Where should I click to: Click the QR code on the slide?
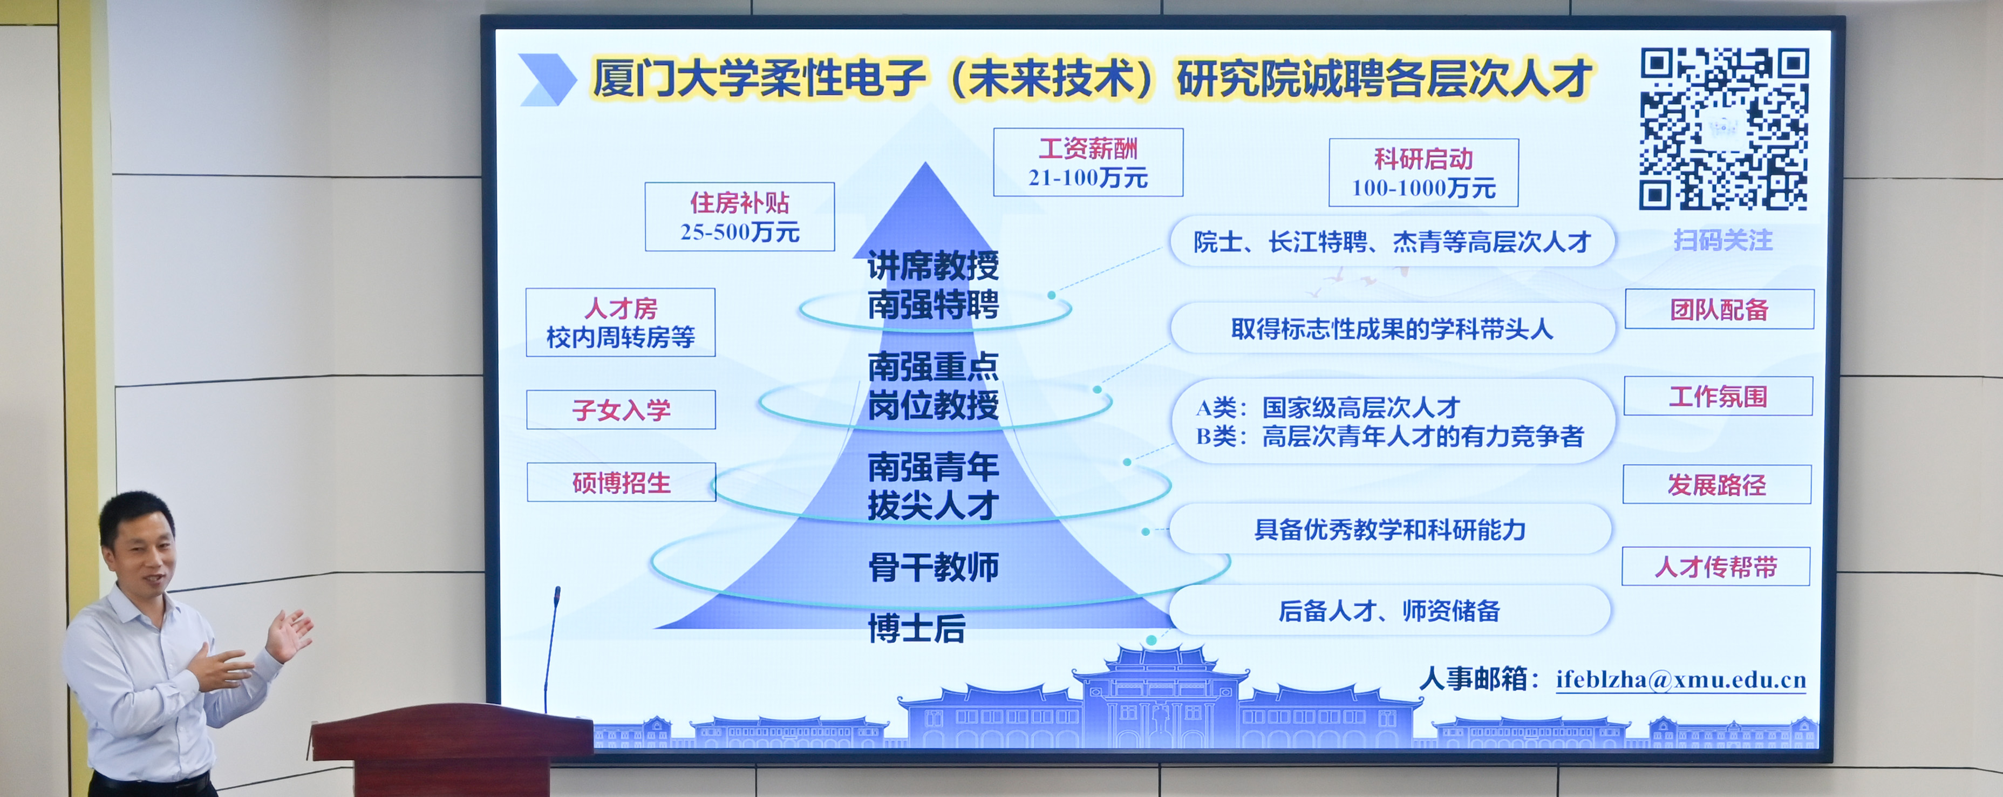click(x=1724, y=129)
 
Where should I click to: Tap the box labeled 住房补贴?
click(x=739, y=217)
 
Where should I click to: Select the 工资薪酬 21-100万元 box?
click(x=1088, y=162)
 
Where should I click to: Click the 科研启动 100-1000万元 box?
click(x=1423, y=173)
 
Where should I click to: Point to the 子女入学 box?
click(x=621, y=410)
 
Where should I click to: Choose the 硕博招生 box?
click(x=621, y=482)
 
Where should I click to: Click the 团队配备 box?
click(x=1719, y=310)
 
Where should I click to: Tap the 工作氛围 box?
click(x=1719, y=397)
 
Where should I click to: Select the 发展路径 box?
click(x=1717, y=485)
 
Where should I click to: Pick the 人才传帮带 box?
click(x=1716, y=567)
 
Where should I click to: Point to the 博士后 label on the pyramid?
click(x=917, y=628)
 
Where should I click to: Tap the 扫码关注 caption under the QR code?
click(x=1723, y=240)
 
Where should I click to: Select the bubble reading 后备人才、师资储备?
click(x=1389, y=610)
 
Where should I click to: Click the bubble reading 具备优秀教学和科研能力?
click(x=1389, y=529)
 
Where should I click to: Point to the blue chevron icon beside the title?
click(x=547, y=79)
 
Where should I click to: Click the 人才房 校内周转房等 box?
click(x=621, y=323)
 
